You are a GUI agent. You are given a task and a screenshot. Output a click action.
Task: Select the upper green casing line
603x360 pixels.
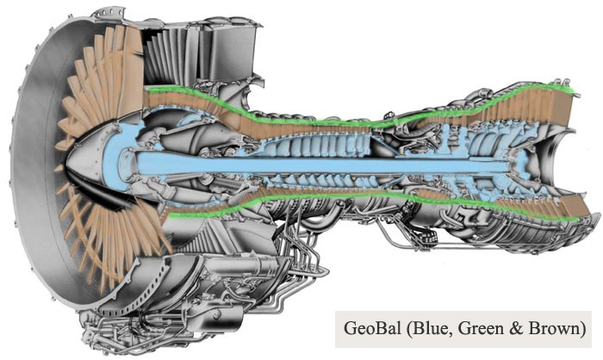(x=362, y=118)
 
